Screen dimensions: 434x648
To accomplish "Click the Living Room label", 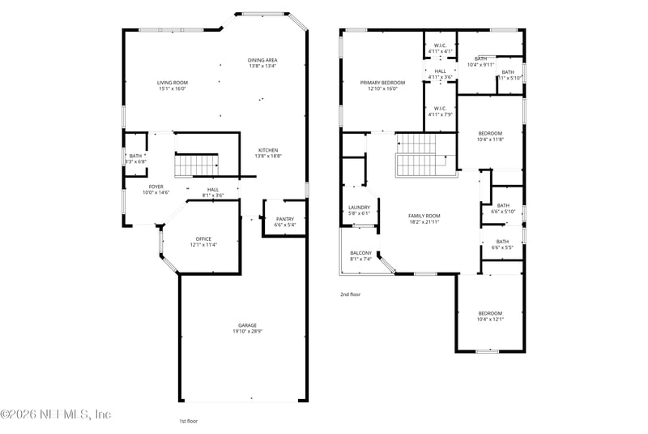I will click(172, 83).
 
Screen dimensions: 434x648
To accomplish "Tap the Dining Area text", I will click(262, 60).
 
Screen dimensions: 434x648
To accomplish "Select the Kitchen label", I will click(268, 151).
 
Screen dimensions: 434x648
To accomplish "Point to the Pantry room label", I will click(284, 219).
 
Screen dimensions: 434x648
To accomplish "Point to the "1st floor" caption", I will click(188, 421).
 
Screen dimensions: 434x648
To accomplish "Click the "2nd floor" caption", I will click(350, 295).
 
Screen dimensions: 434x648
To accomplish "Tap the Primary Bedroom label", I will click(382, 83).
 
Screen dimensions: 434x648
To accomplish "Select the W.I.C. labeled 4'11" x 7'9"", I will click(440, 111).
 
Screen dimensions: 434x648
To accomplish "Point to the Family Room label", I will click(424, 216).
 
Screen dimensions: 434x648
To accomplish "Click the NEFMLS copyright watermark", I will click(56, 414).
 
